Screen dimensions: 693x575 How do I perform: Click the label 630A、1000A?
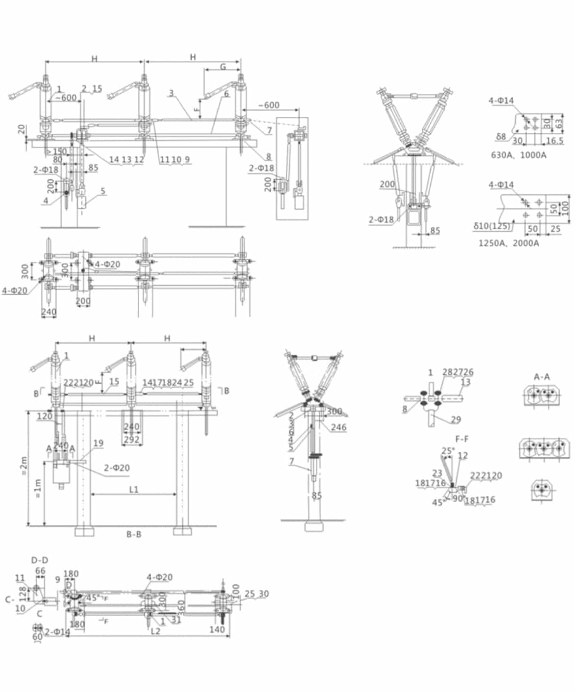(x=518, y=155)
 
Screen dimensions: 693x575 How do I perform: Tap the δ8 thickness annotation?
(x=500, y=137)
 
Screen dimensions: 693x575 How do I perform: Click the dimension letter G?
(x=223, y=67)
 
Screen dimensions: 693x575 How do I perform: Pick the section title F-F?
(x=462, y=439)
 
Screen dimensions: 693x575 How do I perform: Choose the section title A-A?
(x=541, y=377)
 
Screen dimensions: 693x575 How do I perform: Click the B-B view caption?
(x=134, y=534)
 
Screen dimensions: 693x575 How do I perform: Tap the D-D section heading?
(x=39, y=560)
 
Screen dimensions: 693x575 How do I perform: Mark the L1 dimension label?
(x=133, y=489)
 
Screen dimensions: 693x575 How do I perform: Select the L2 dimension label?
(x=155, y=631)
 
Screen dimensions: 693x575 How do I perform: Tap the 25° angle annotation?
(x=448, y=452)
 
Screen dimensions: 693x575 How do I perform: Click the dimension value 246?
(x=338, y=427)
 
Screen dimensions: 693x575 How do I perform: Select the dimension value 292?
(x=132, y=439)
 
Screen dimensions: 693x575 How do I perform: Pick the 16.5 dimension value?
(x=555, y=141)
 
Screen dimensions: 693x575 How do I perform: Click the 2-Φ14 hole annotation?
(x=57, y=632)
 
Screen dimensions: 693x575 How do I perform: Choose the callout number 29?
(x=456, y=420)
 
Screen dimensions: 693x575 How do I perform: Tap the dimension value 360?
(x=180, y=607)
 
